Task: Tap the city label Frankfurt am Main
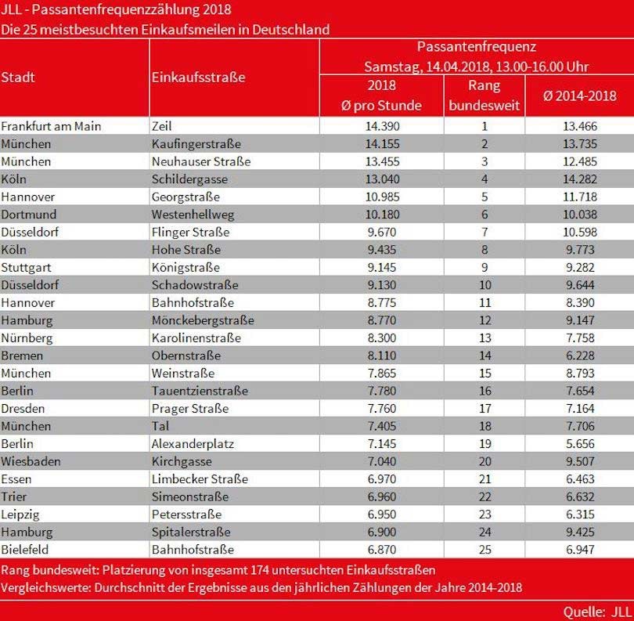(x=52, y=126)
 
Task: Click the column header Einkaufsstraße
(x=198, y=78)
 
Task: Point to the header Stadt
(x=18, y=78)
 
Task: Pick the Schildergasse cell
(x=189, y=179)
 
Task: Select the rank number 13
(x=485, y=338)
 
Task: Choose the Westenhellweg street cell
(x=192, y=215)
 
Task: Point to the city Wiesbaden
(x=31, y=461)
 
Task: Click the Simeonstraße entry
(x=189, y=496)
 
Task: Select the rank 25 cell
(x=485, y=550)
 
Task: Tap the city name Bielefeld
(x=27, y=550)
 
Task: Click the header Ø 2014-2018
(x=579, y=96)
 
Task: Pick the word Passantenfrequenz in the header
(x=476, y=48)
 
